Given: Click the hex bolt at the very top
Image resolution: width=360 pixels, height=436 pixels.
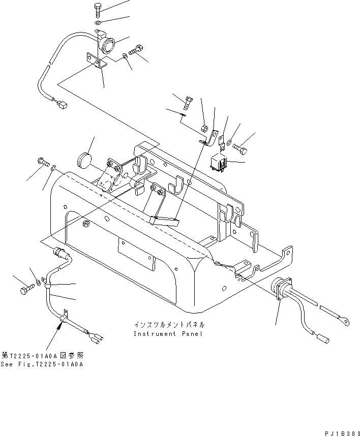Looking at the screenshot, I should [98, 9].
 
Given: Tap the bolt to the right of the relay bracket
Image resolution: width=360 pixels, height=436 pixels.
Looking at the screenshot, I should [241, 149].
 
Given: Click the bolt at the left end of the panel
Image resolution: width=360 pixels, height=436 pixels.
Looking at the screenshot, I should [42, 162].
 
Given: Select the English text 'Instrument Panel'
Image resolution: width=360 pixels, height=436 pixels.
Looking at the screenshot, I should [168, 334].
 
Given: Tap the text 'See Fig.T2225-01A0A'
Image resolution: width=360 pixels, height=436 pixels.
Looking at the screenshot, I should [42, 364].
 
